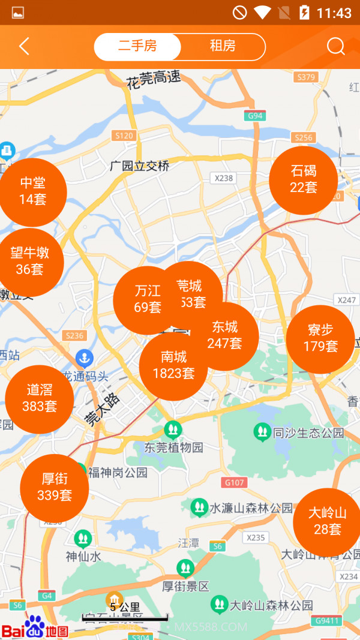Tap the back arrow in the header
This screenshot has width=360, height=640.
[24, 47]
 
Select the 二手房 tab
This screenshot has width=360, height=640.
[137, 47]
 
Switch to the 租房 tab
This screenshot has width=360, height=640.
[222, 47]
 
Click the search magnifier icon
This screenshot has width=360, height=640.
[335, 47]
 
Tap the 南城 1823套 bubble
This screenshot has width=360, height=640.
[173, 366]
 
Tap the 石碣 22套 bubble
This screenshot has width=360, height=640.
[303, 180]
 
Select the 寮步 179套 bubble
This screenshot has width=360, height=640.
[320, 339]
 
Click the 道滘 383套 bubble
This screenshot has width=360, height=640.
[40, 399]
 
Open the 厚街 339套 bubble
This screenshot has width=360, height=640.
[55, 488]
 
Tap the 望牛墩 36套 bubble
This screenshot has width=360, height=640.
[30, 262]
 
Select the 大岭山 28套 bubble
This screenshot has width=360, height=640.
[327, 522]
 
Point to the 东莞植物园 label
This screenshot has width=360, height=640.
[174, 447]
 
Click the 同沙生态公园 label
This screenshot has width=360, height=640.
[308, 432]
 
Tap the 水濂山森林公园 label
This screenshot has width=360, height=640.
[251, 508]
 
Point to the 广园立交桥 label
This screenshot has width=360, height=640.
[140, 166]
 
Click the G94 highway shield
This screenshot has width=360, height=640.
[255, 116]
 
